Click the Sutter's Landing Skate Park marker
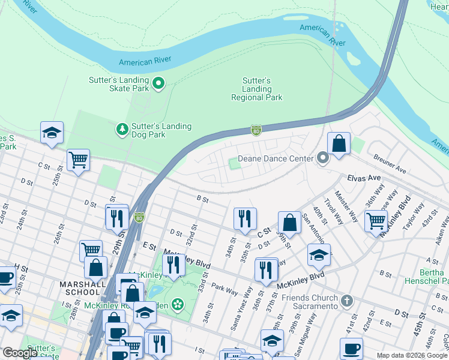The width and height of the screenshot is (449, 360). [x=158, y=83]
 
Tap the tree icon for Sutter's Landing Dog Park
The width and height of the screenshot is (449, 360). [x=122, y=129]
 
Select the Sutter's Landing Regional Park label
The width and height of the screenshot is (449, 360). [x=257, y=89]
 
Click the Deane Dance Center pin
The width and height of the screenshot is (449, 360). [x=323, y=159]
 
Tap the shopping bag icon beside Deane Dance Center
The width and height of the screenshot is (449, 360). [x=339, y=144]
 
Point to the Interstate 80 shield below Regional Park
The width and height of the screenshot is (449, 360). [x=256, y=130]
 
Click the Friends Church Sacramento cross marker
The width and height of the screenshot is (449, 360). [x=346, y=300]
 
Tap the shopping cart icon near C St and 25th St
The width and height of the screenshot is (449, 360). [x=78, y=160]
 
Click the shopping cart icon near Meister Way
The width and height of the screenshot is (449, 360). [x=376, y=220]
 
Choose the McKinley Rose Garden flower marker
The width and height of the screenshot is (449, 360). [x=177, y=305]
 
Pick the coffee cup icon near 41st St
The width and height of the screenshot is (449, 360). [x=351, y=348]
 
